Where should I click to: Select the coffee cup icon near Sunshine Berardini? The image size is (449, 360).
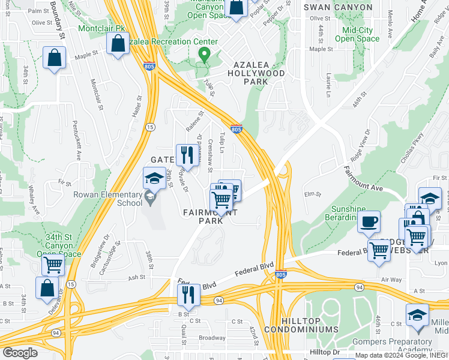tap(369, 222)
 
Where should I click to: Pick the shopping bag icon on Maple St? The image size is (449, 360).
tap(54, 58)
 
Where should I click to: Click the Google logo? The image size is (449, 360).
tap(20, 352)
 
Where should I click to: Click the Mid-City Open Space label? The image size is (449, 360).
tap(357, 34)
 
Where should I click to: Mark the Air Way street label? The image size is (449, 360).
tap(391, 280)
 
